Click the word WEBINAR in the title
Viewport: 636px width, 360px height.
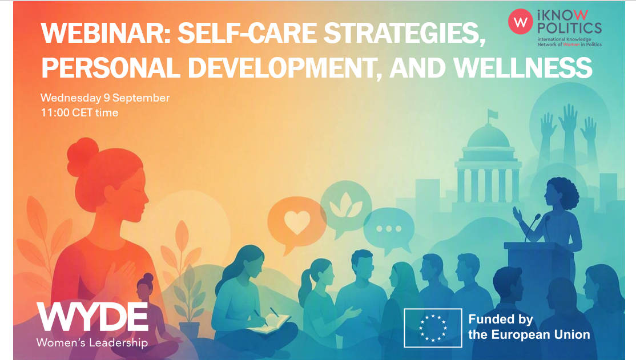[106, 33]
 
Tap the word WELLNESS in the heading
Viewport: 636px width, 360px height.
[522, 68]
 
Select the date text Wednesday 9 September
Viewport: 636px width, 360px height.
[105, 98]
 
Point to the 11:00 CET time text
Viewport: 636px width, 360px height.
[79, 113]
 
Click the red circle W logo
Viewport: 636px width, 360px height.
[521, 22]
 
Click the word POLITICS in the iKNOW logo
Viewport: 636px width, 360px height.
[569, 29]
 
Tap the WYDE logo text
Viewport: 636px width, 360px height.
[93, 317]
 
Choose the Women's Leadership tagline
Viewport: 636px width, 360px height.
[92, 342]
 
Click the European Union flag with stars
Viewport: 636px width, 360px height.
[433, 328]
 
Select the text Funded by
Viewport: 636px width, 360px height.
[501, 320]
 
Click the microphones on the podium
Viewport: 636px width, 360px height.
[536, 228]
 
